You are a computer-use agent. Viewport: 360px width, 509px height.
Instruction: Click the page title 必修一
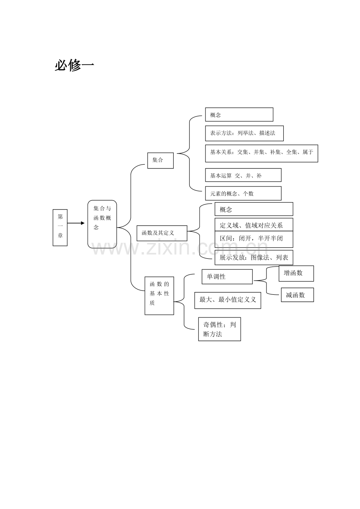pyautogui.click(x=74, y=66)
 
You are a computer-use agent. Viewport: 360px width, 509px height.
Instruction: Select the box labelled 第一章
pyautogui.click(x=60, y=228)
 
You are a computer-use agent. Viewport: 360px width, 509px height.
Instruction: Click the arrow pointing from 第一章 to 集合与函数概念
pyautogui.click(x=76, y=223)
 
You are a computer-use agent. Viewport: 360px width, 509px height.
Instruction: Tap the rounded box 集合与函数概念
pyautogui.click(x=102, y=224)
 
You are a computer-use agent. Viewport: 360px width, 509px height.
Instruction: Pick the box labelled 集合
pyautogui.click(x=160, y=160)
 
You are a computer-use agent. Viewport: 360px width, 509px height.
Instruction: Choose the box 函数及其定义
pyautogui.click(x=162, y=233)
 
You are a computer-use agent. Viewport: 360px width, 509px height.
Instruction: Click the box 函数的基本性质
pyautogui.click(x=159, y=296)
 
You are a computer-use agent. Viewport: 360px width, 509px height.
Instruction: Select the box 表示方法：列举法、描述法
pyautogui.click(x=244, y=133)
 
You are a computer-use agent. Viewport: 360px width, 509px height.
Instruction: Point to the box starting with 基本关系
pyautogui.click(x=261, y=153)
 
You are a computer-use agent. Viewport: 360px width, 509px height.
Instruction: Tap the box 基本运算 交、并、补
pyautogui.click(x=243, y=175)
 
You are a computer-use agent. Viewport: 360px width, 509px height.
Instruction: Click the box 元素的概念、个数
pyautogui.click(x=243, y=194)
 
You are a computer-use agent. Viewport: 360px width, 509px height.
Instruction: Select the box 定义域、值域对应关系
pyautogui.click(x=254, y=224)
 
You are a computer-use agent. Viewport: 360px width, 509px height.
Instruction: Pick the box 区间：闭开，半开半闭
pyautogui.click(x=254, y=239)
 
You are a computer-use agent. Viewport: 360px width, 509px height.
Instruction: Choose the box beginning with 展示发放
pyautogui.click(x=254, y=258)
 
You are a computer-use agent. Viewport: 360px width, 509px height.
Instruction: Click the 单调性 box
pyautogui.click(x=227, y=276)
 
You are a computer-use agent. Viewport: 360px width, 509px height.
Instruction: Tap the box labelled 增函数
pyautogui.click(x=296, y=273)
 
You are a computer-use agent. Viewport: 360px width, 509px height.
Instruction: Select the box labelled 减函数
pyautogui.click(x=297, y=295)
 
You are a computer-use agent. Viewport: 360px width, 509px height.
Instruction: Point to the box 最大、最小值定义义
pyautogui.click(x=228, y=300)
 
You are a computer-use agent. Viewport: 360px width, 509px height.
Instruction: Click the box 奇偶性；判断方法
pyautogui.click(x=220, y=329)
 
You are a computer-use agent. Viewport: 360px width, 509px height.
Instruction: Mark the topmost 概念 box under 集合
pyautogui.click(x=239, y=115)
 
